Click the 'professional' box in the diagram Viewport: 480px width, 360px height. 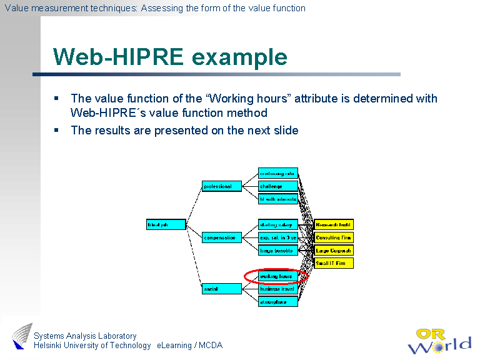point(221,186)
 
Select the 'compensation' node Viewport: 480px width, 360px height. point(221,237)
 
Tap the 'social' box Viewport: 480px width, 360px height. point(221,289)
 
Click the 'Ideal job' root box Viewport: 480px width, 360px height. point(166,224)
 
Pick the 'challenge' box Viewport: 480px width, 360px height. point(277,186)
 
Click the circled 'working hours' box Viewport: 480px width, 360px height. point(277,276)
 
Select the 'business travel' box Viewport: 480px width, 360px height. point(277,289)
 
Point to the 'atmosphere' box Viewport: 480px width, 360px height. point(277,302)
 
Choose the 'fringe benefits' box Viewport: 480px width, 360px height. point(277,251)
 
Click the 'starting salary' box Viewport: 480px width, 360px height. point(277,224)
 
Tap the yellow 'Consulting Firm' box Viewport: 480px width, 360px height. point(334,237)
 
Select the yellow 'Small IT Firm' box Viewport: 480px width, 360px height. point(334,263)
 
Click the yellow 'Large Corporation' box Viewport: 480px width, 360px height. point(334,251)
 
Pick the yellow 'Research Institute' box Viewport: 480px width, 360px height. point(334,224)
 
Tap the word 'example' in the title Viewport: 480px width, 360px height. point(239,57)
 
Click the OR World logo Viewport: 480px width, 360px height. point(439,341)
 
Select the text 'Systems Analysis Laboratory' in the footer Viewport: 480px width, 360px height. point(85,336)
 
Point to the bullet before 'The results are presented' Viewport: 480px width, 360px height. point(56,130)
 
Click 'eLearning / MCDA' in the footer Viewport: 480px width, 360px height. point(189,346)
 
